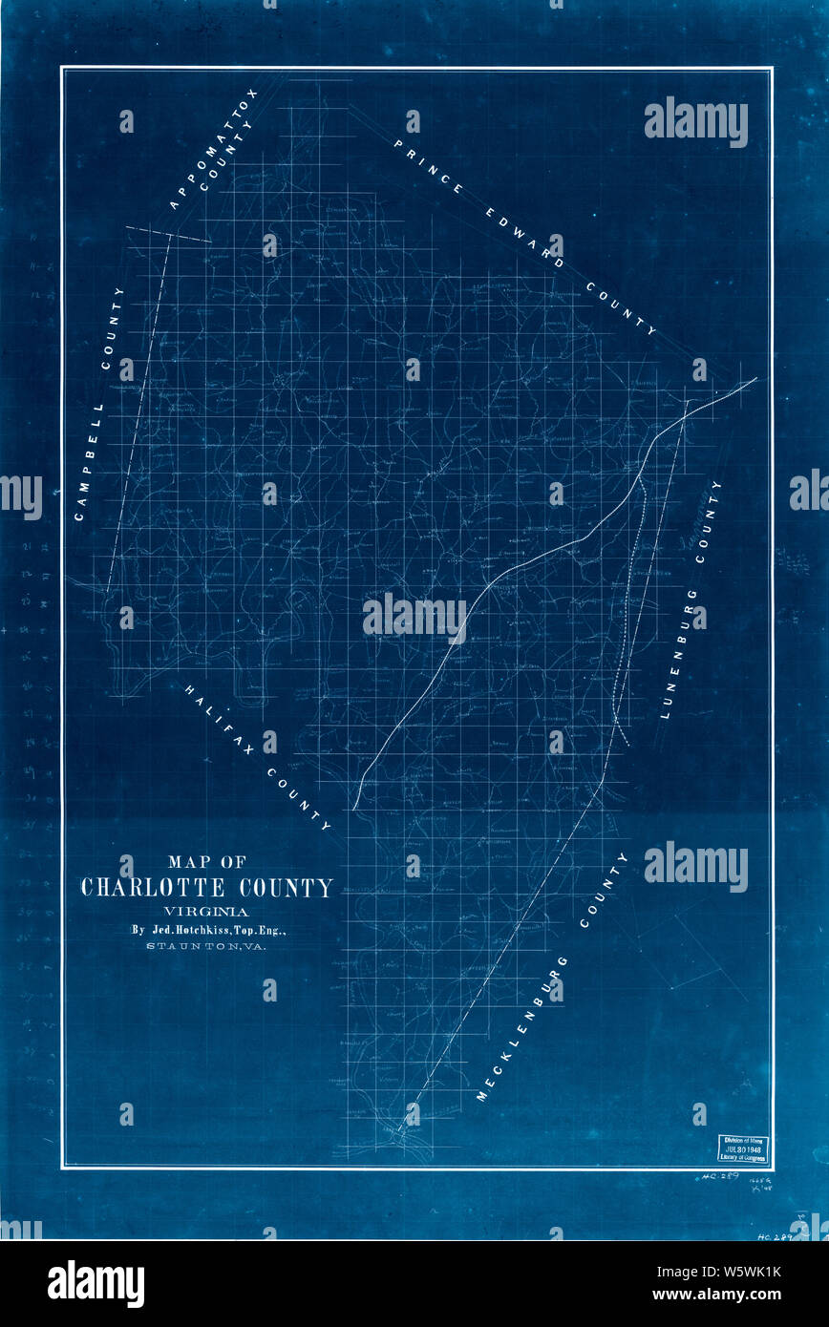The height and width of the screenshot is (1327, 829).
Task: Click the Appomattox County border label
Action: point(214,150)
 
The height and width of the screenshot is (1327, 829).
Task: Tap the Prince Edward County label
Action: point(524,237)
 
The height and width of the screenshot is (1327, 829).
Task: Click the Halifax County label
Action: point(258,757)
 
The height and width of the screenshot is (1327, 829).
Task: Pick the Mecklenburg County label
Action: point(553,978)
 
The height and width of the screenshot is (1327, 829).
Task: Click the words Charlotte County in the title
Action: point(207,888)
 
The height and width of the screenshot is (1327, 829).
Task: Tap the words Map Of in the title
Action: point(207,859)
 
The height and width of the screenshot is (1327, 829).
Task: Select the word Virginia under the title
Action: point(207,911)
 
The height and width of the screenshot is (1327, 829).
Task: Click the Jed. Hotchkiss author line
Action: point(207,929)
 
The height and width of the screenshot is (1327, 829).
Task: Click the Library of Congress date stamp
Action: point(743,1148)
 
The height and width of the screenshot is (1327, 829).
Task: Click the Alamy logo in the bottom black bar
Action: point(96,1284)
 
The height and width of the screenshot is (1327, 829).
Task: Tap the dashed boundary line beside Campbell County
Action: point(138,411)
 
